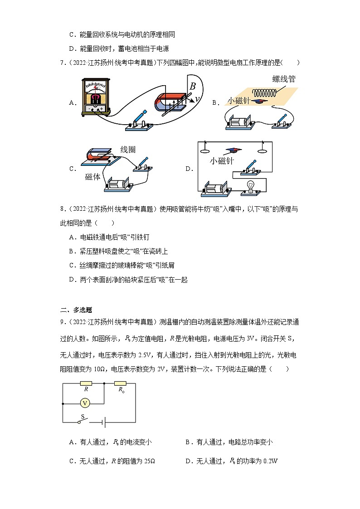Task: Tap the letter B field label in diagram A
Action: pos(193,86)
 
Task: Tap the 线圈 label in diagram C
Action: pos(128,150)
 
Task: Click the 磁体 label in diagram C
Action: pos(92,177)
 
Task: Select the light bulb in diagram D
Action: pos(250,188)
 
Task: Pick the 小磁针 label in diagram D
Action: pos(221,161)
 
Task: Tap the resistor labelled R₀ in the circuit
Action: pos(121,383)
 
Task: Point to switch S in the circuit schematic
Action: pos(83,421)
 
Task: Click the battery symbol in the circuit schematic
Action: pos(104,422)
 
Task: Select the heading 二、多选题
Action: pos(76,310)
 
